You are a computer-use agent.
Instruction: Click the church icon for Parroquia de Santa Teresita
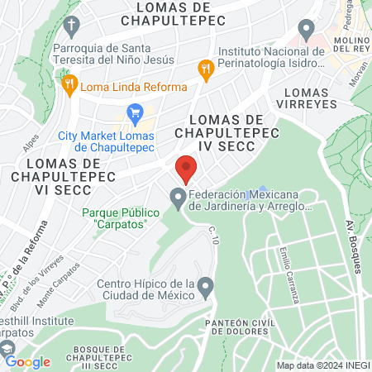[x=72, y=24]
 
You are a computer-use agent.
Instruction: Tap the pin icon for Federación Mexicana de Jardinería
[x=177, y=197]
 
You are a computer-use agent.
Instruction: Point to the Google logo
[x=26, y=361]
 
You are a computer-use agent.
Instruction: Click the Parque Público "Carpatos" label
[x=115, y=218]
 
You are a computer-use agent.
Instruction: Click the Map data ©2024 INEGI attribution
[x=322, y=365]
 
